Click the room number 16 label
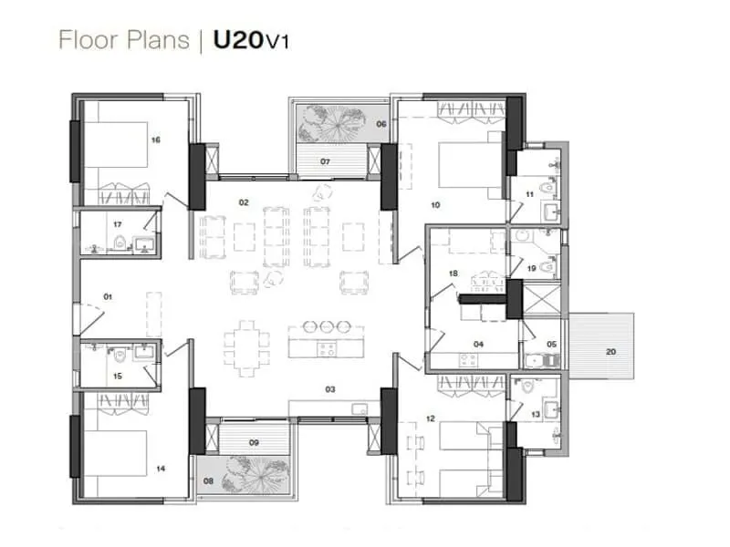click(156, 139)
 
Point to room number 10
click(435, 206)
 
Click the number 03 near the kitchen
click(330, 389)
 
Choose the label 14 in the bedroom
click(161, 469)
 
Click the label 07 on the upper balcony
click(324, 161)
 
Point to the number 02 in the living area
click(244, 201)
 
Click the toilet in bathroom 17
click(120, 243)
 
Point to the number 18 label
click(453, 273)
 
